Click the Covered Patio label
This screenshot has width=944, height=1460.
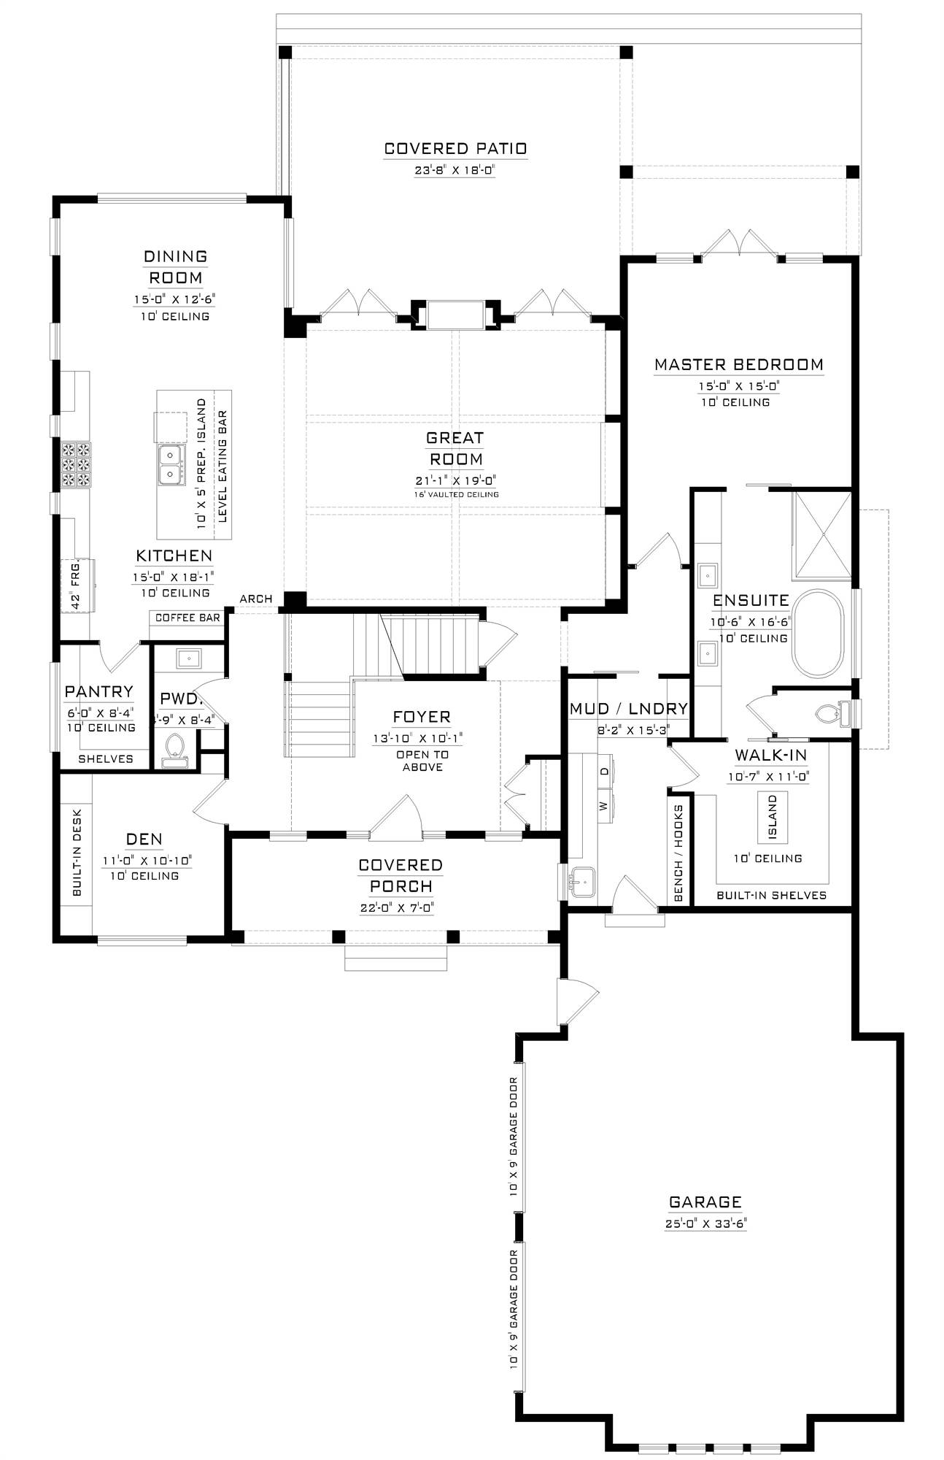pyautogui.click(x=455, y=149)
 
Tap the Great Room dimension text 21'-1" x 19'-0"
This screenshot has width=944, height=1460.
pyautogui.click(x=455, y=480)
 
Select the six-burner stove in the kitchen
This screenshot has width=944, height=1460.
pyautogui.click(x=76, y=464)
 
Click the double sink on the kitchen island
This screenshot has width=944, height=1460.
pyautogui.click(x=170, y=465)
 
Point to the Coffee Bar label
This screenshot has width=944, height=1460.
pyautogui.click(x=187, y=618)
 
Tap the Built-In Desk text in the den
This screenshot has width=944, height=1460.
pyautogui.click(x=77, y=852)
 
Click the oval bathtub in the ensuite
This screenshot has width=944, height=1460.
pyautogui.click(x=818, y=634)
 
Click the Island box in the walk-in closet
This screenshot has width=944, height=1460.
pyautogui.click(x=772, y=816)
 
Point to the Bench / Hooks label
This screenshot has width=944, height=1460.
pyautogui.click(x=678, y=853)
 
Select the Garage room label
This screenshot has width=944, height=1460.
pyautogui.click(x=705, y=1202)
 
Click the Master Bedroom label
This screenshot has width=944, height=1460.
pyautogui.click(x=738, y=364)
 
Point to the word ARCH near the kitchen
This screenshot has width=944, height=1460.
pyautogui.click(x=256, y=599)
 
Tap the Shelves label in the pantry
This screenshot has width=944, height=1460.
pyautogui.click(x=106, y=758)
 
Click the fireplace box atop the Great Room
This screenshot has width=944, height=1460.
pyautogui.click(x=454, y=314)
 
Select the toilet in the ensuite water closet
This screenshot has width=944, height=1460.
pyautogui.click(x=832, y=712)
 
